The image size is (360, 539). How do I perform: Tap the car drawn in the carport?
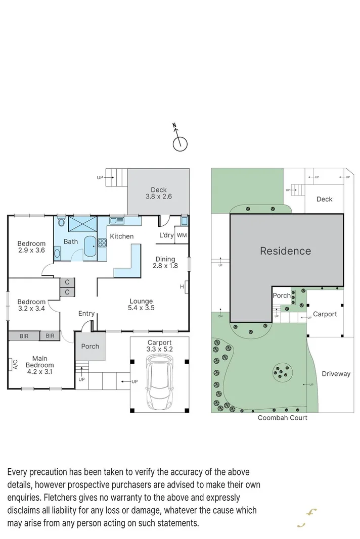pyautogui.click(x=159, y=381)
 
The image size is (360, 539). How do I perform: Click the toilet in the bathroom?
pyautogui.click(x=61, y=222)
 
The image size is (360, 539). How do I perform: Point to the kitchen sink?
pyautogui.click(x=117, y=221)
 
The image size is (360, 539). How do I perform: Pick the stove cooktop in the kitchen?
pyautogui.click(x=102, y=242)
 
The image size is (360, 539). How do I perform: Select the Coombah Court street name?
pyautogui.click(x=282, y=418)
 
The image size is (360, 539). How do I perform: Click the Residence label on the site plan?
pyautogui.click(x=285, y=251)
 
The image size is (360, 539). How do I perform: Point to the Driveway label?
pyautogui.click(x=336, y=374)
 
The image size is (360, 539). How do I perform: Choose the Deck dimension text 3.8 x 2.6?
pyautogui.click(x=159, y=197)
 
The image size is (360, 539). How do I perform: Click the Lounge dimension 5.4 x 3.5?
pyautogui.click(x=141, y=308)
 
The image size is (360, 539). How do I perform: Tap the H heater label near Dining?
pyautogui.click(x=182, y=287)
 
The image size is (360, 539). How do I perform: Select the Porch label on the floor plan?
pyautogui.click(x=90, y=347)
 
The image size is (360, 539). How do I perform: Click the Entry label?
pyautogui.click(x=86, y=314)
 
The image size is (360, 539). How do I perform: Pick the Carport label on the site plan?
pyautogui.click(x=325, y=314)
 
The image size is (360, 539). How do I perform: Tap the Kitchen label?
pyautogui.click(x=122, y=236)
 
